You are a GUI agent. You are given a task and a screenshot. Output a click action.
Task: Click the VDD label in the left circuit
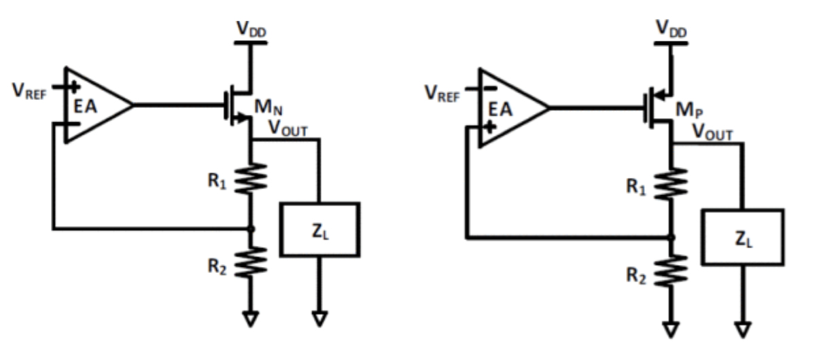pyautogui.click(x=251, y=29)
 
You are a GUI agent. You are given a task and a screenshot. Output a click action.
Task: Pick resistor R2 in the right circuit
pyautogui.click(x=671, y=270)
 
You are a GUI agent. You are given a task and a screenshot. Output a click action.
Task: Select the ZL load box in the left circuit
pyautogui.click(x=319, y=229)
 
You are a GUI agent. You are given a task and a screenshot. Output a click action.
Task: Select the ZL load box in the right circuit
pyautogui.click(x=743, y=236)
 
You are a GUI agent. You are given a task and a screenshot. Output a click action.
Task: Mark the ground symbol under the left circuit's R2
pyautogui.click(x=251, y=318)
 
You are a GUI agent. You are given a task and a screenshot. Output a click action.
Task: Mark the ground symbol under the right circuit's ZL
pyautogui.click(x=744, y=329)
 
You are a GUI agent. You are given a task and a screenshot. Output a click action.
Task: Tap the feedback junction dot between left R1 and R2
pyautogui.click(x=251, y=229)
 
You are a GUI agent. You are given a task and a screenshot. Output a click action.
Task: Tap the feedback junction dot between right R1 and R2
pyautogui.click(x=671, y=237)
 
